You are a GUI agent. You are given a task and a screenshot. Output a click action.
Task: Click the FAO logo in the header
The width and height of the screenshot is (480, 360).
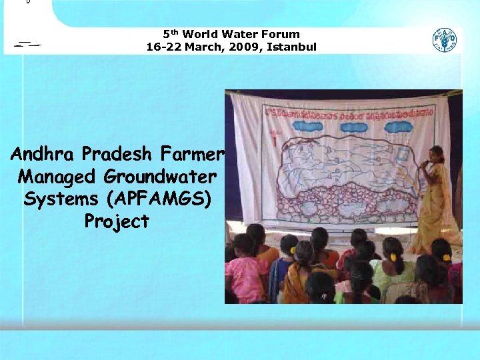pyautogui.click(x=445, y=40)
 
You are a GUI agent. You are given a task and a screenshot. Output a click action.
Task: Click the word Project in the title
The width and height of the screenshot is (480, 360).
pyautogui.click(x=117, y=221)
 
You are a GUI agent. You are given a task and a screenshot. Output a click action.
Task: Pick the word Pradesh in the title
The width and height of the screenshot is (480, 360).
pyautogui.click(x=119, y=154)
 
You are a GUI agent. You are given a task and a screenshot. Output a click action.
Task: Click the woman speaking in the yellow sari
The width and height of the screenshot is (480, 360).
pyautogui.click(x=437, y=200)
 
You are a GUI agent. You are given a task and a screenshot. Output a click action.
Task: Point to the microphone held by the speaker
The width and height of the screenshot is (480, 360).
pyautogui.click(x=425, y=163)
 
